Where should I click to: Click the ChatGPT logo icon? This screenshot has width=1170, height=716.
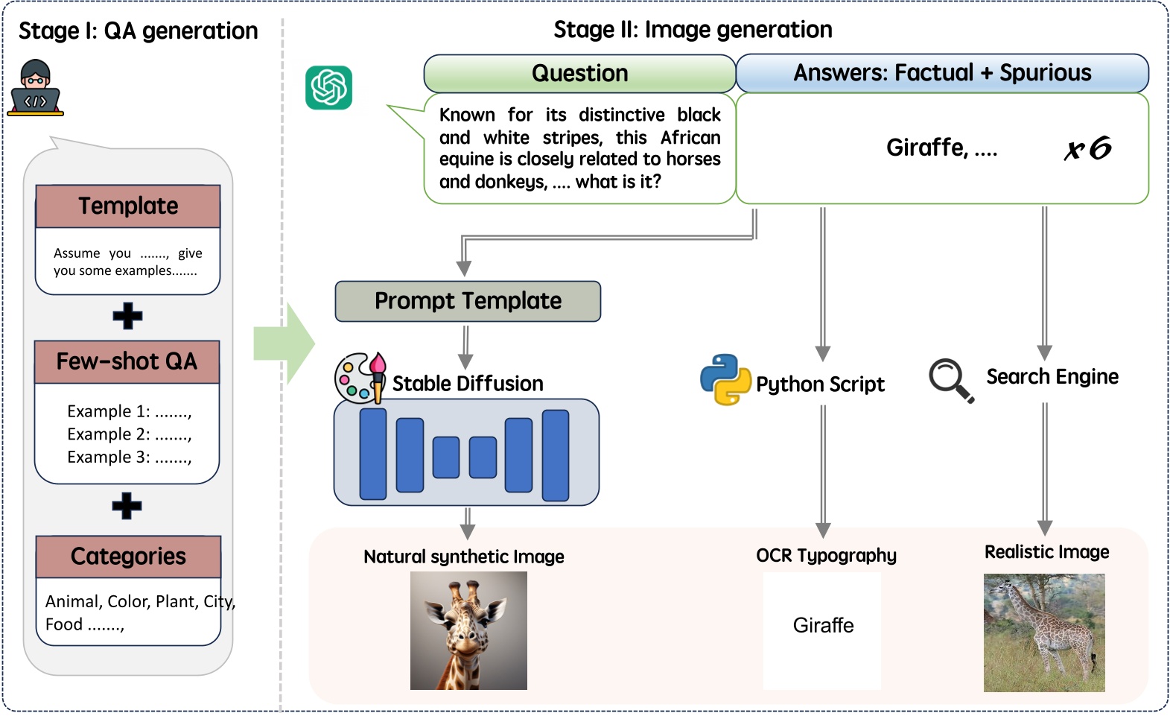pyautogui.click(x=328, y=87)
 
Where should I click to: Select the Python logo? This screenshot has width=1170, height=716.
pyautogui.click(x=726, y=380)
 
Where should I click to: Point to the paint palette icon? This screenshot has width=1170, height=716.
pyautogui.click(x=360, y=378)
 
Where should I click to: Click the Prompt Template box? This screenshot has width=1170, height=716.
pyautogui.click(x=468, y=301)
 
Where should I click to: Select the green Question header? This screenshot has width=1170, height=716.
pyautogui.click(x=579, y=73)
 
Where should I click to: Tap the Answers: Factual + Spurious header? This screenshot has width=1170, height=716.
pyautogui.click(x=942, y=73)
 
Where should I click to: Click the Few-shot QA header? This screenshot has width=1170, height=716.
pyautogui.click(x=127, y=361)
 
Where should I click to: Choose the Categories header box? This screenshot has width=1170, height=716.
pyautogui.click(x=129, y=556)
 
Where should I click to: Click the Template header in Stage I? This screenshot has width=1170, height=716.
pyautogui.click(x=128, y=206)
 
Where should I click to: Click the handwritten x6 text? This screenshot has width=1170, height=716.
pyautogui.click(x=1088, y=148)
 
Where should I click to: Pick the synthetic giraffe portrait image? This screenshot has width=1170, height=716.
pyautogui.click(x=468, y=630)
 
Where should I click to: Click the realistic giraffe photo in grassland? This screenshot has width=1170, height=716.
pyautogui.click(x=1044, y=633)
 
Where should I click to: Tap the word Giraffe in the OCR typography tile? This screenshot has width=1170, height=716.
pyautogui.click(x=823, y=625)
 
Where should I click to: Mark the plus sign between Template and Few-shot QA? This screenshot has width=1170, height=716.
pyautogui.click(x=127, y=316)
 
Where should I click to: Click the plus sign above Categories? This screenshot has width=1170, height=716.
pyautogui.click(x=127, y=506)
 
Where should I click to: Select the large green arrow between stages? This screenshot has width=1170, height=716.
pyautogui.click(x=284, y=343)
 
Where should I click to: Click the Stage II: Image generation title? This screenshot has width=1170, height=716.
pyautogui.click(x=693, y=30)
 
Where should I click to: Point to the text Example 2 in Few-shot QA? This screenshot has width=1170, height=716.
pyautogui.click(x=109, y=434)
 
